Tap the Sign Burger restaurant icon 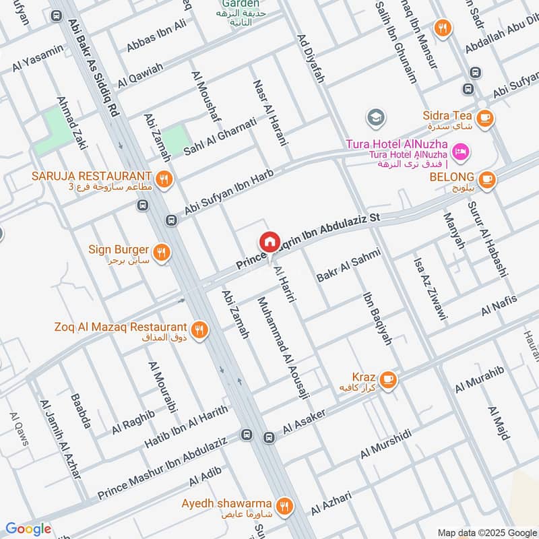coord(161,253)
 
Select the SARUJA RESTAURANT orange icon coord(163,179)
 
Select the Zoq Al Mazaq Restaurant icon coord(199,329)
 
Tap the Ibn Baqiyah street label coord(377,318)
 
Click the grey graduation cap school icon coord(376,119)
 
